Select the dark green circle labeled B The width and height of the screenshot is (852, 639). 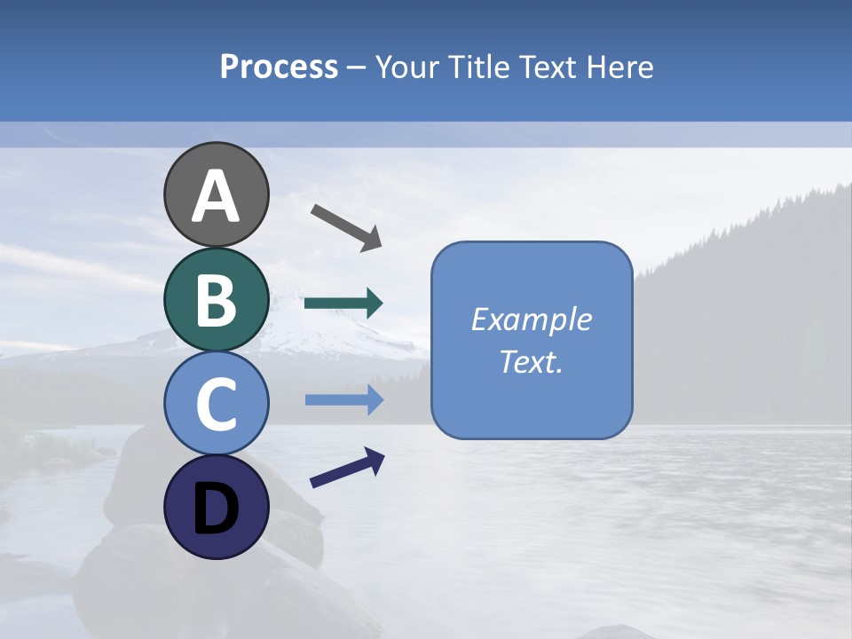coord(217,300)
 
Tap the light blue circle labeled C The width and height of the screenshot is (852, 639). coord(217,404)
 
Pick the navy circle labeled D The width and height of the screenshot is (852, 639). coord(217,508)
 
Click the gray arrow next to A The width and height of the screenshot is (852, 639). coord(346,226)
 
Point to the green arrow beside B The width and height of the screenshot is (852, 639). coord(343,304)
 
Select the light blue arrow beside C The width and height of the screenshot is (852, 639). coord(343,400)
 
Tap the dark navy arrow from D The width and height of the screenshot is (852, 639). coord(347,468)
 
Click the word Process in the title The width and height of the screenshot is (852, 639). coord(279,67)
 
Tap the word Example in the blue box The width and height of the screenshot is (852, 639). coord(531,319)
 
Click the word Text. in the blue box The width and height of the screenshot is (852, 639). coord(531,362)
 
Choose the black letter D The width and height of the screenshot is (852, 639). coord(217,510)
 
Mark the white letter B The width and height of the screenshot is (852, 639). coord(217,301)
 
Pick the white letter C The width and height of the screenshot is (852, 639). coord(217,405)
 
